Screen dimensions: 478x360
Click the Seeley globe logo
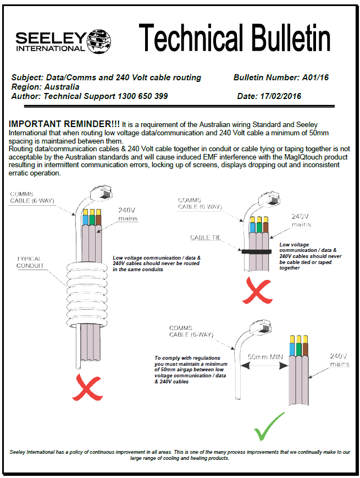point(99,40)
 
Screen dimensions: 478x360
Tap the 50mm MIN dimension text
point(265,356)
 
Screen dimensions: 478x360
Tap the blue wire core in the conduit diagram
point(85,219)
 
